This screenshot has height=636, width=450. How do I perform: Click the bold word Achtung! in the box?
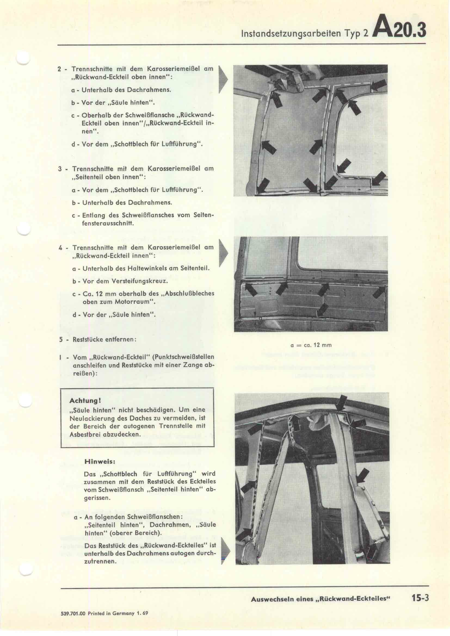click(85, 401)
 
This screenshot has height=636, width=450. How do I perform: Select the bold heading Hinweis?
click(100, 462)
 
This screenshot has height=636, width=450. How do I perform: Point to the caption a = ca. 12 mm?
click(311, 345)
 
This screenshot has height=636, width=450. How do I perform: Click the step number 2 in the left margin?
click(59, 69)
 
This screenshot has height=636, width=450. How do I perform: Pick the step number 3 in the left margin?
click(60, 169)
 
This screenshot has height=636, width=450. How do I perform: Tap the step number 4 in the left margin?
click(60, 247)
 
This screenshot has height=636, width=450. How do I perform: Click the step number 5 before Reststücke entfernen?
click(61, 339)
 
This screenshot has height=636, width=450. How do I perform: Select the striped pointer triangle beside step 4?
click(223, 253)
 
